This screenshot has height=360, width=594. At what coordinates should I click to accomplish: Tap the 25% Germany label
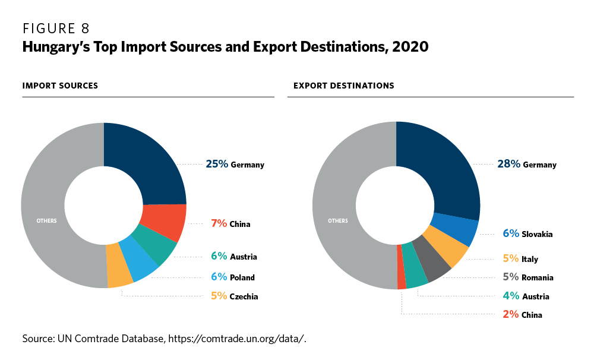tap(235, 165)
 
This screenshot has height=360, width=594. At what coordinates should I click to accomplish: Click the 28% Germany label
tap(526, 165)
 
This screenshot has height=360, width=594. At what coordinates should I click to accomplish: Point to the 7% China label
tap(230, 224)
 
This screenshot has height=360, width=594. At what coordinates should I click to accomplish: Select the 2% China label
tap(522, 315)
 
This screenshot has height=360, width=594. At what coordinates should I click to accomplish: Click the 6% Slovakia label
tap(527, 234)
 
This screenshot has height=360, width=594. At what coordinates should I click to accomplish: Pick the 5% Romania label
tap(527, 277)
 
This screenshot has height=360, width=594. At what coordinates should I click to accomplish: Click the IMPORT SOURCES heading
tap(60, 86)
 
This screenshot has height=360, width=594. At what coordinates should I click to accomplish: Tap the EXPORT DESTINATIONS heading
tap(343, 86)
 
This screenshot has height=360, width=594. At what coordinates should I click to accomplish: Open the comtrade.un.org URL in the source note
tap(236, 339)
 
